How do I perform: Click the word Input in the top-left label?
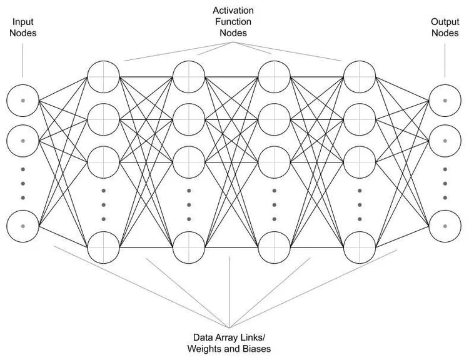23,22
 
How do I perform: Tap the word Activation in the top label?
233,11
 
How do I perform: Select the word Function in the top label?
233,22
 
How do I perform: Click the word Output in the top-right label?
445,22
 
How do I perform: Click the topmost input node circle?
23,100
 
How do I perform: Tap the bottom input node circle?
23,226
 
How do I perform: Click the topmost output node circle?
445,100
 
